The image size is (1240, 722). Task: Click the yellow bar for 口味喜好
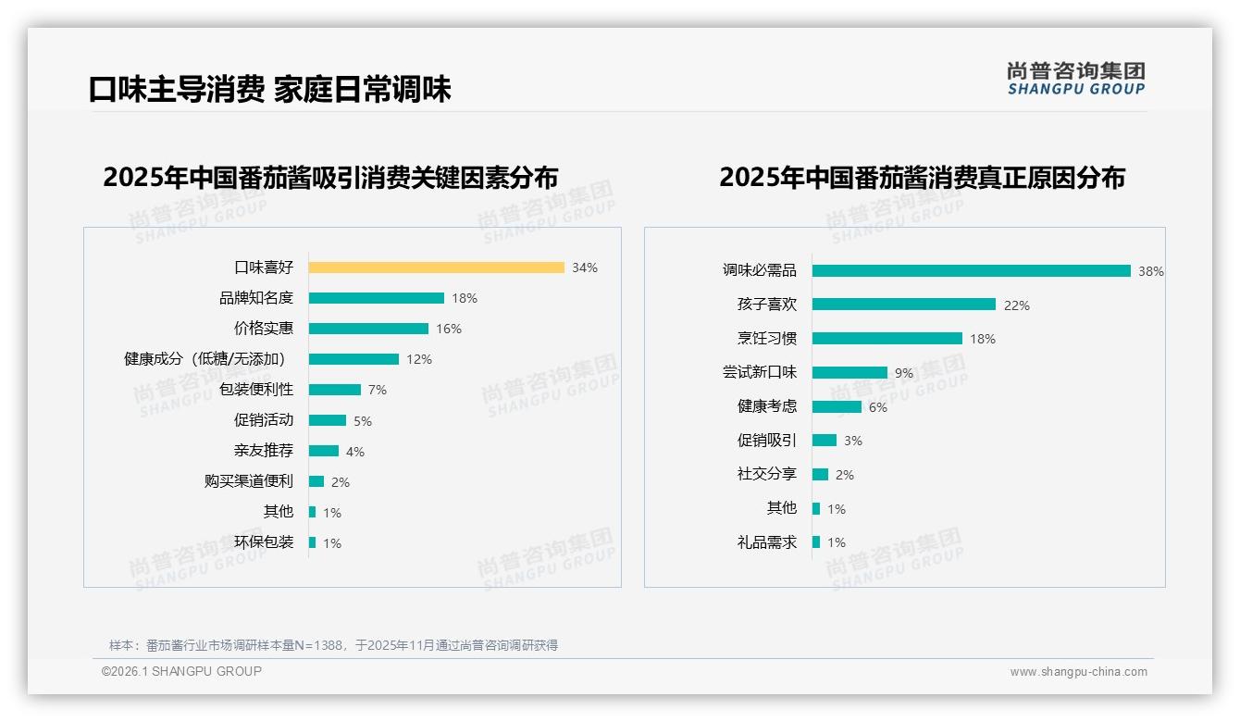point(436,268)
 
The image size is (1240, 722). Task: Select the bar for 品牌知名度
point(376,298)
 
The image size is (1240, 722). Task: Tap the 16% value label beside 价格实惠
point(449,329)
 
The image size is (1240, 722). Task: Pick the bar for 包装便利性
point(334,390)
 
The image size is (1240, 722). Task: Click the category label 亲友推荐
point(264,451)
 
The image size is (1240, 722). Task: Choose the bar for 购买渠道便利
point(316,481)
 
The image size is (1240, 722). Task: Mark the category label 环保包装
point(264,542)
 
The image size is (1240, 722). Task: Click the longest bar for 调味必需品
point(971,270)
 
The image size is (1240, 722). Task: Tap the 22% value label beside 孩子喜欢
point(1016,305)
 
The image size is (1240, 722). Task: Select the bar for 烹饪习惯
point(887,339)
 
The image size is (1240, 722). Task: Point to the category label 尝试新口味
point(759,372)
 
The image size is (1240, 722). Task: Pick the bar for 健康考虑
point(837,406)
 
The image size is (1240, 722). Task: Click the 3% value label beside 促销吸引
point(852,441)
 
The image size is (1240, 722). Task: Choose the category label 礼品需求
point(766,542)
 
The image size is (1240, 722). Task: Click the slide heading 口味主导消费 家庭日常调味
point(269,89)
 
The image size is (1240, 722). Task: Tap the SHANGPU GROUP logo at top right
point(1075,78)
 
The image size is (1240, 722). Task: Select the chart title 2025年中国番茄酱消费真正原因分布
point(922,177)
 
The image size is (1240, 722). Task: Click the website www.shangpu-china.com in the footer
point(1078,672)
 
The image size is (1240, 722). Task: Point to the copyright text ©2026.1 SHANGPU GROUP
point(181,671)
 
